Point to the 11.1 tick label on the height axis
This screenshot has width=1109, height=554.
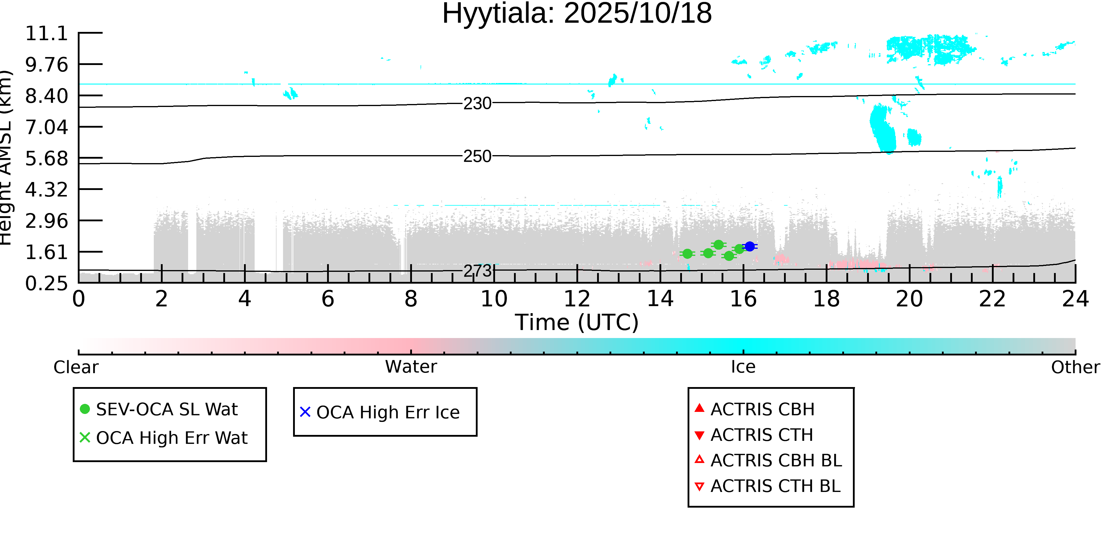click(46, 34)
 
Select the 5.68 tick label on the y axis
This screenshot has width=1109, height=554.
click(46, 159)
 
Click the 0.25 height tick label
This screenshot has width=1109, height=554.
click(46, 283)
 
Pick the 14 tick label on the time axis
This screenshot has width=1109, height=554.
click(660, 299)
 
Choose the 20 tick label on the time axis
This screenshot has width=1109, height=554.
click(909, 299)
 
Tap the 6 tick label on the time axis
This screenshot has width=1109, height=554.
click(328, 299)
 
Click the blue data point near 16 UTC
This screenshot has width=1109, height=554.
click(749, 246)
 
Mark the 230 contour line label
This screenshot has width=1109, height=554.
click(477, 104)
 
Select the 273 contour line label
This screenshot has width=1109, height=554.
click(477, 271)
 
